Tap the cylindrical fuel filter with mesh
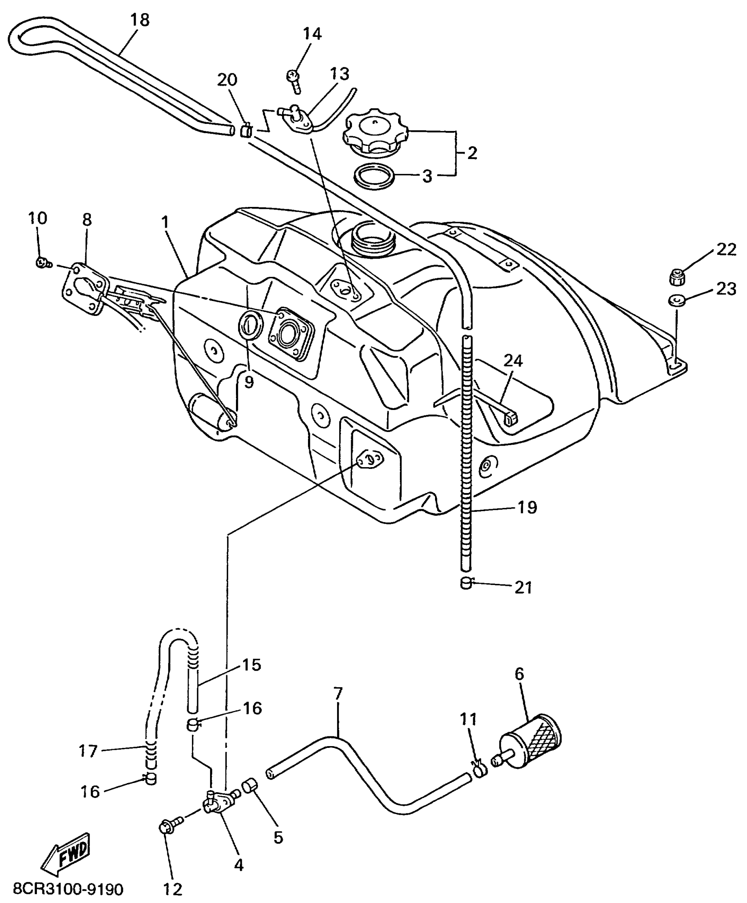pyautogui.click(x=532, y=742)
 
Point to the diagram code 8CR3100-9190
pyautogui.click(x=68, y=889)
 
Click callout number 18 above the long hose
pyautogui.click(x=140, y=20)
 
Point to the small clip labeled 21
pyautogui.click(x=466, y=584)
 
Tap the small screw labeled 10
pyautogui.click(x=42, y=263)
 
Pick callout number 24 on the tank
pyautogui.click(x=513, y=361)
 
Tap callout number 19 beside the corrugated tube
pyautogui.click(x=527, y=508)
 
